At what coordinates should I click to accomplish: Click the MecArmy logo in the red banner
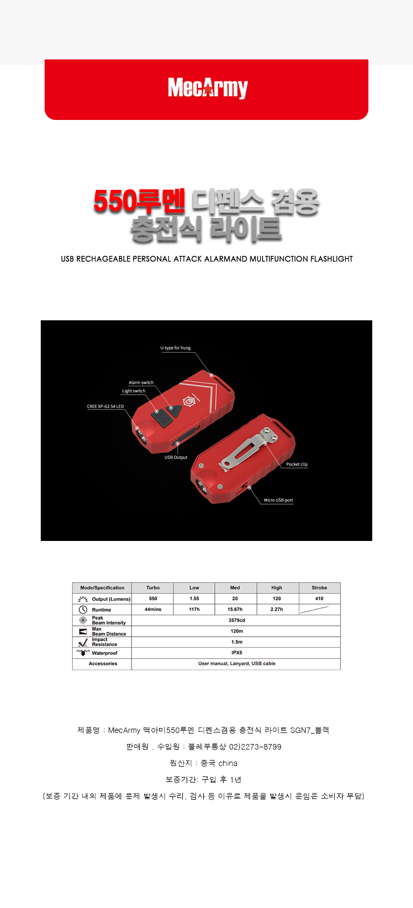click(208, 88)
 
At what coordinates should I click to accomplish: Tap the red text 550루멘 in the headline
click(139, 202)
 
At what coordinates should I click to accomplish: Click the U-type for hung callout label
click(175, 348)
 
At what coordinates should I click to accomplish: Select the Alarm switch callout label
click(141, 382)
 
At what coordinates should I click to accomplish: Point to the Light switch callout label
click(134, 391)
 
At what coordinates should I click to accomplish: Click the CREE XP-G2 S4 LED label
click(105, 407)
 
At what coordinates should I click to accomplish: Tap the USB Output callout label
click(176, 457)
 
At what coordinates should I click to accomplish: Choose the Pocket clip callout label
click(297, 464)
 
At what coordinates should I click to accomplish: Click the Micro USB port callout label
click(278, 500)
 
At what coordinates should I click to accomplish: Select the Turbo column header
click(153, 588)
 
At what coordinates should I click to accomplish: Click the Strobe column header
click(319, 588)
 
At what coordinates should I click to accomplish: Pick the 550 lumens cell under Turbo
click(153, 599)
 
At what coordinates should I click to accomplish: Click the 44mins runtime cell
click(153, 610)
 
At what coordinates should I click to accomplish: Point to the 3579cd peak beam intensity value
click(237, 620)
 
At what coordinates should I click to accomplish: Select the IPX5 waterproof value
click(237, 653)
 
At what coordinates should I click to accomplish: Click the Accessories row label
click(103, 664)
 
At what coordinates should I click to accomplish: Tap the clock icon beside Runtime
click(83, 610)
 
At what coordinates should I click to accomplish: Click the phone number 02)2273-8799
click(255, 747)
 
